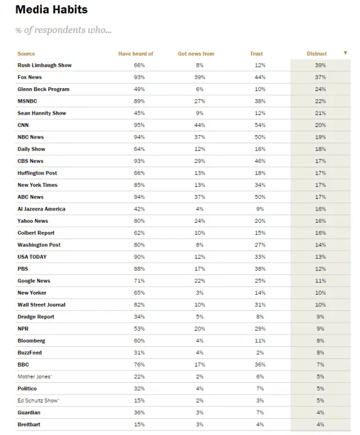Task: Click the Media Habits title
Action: [x=52, y=10]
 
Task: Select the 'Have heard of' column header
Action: [x=136, y=54]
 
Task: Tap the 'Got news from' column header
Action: [x=196, y=54]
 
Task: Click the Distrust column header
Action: [x=317, y=54]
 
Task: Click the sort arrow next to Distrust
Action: [x=346, y=53]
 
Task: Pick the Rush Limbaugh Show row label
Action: [x=45, y=66]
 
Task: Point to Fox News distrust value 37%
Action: [x=320, y=78]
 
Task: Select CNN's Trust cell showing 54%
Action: [x=260, y=125]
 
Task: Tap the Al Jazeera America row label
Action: [x=41, y=209]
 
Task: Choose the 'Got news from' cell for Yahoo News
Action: [x=199, y=221]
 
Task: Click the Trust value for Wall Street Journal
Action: [x=260, y=305]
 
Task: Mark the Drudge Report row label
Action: [x=36, y=317]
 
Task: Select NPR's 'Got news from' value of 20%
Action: [x=199, y=329]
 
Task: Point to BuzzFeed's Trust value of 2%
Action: [x=260, y=353]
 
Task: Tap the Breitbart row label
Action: [x=30, y=425]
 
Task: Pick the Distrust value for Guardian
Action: [x=320, y=412]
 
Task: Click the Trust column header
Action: [x=256, y=54]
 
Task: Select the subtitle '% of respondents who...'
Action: [x=63, y=30]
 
